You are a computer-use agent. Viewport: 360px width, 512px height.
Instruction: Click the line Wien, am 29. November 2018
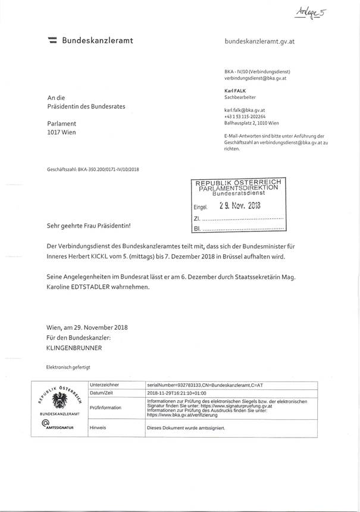(x=87, y=327)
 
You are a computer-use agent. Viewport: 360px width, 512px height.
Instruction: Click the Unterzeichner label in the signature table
(x=104, y=385)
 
